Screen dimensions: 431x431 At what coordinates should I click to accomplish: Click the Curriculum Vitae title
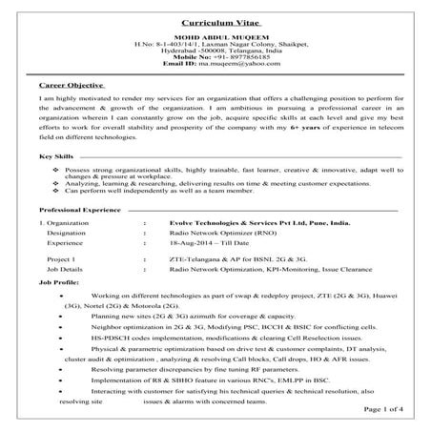(x=215, y=20)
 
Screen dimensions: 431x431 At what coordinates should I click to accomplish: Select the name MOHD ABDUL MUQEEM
(x=215, y=37)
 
